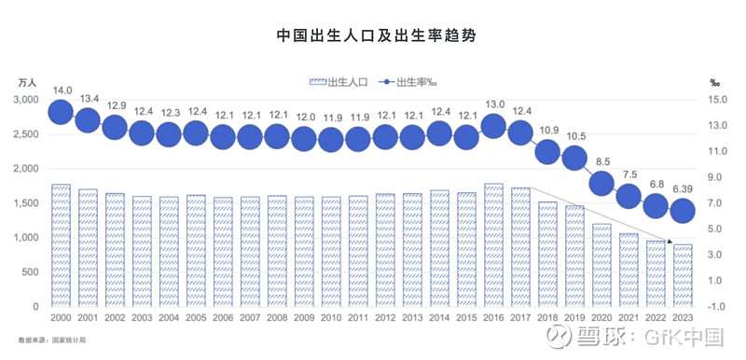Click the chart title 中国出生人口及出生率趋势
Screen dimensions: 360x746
coord(372,35)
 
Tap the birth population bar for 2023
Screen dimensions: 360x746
coord(684,275)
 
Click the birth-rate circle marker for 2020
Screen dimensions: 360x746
coord(602,184)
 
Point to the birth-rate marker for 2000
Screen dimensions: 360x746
coord(61,112)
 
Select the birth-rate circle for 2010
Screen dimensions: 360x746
coord(331,139)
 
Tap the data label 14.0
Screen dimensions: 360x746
coord(62,90)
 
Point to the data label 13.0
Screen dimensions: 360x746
coord(494,104)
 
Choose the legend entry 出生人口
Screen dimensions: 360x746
coord(338,82)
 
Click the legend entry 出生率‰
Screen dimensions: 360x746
coord(408,82)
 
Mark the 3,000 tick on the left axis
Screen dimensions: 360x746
coord(26,99)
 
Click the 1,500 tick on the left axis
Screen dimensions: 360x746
coord(26,202)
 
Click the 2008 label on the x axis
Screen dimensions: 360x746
coord(277,318)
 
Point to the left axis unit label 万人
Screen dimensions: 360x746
coord(27,82)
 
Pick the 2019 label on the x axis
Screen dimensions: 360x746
coord(575,318)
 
